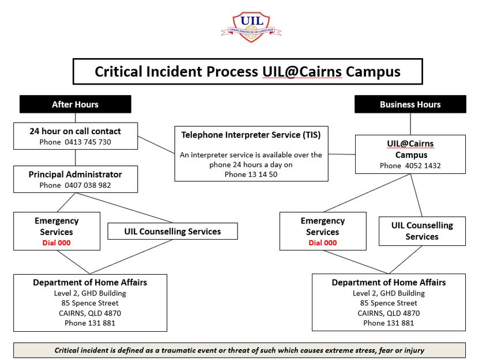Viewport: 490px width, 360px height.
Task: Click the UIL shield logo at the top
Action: (x=251, y=27)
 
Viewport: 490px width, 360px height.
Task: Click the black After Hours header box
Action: (x=76, y=104)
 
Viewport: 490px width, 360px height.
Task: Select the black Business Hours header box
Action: (x=410, y=104)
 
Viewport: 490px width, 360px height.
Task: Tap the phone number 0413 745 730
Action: (x=88, y=142)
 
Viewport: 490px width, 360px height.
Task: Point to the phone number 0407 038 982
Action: (x=88, y=185)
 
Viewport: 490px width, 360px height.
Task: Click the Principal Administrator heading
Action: (x=76, y=174)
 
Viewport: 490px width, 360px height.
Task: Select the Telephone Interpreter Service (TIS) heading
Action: (x=251, y=135)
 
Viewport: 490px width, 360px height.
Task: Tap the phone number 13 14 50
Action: (x=262, y=174)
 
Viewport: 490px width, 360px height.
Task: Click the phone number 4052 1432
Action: (x=423, y=165)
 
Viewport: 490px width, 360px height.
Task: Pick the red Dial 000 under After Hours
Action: (x=56, y=242)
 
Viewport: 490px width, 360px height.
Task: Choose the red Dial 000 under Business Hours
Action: (x=323, y=242)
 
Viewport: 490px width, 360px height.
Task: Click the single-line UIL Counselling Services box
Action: (x=172, y=231)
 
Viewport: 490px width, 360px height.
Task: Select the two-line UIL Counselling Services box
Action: (x=422, y=231)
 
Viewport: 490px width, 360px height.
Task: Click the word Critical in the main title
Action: (x=118, y=71)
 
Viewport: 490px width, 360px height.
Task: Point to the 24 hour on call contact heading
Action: (x=76, y=131)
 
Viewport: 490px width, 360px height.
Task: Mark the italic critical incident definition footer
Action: (x=239, y=350)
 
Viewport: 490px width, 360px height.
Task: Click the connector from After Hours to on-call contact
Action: (x=76, y=118)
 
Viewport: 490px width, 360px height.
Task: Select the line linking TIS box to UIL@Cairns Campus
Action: (x=342, y=154)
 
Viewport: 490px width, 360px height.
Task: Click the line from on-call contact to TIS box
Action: (x=156, y=145)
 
